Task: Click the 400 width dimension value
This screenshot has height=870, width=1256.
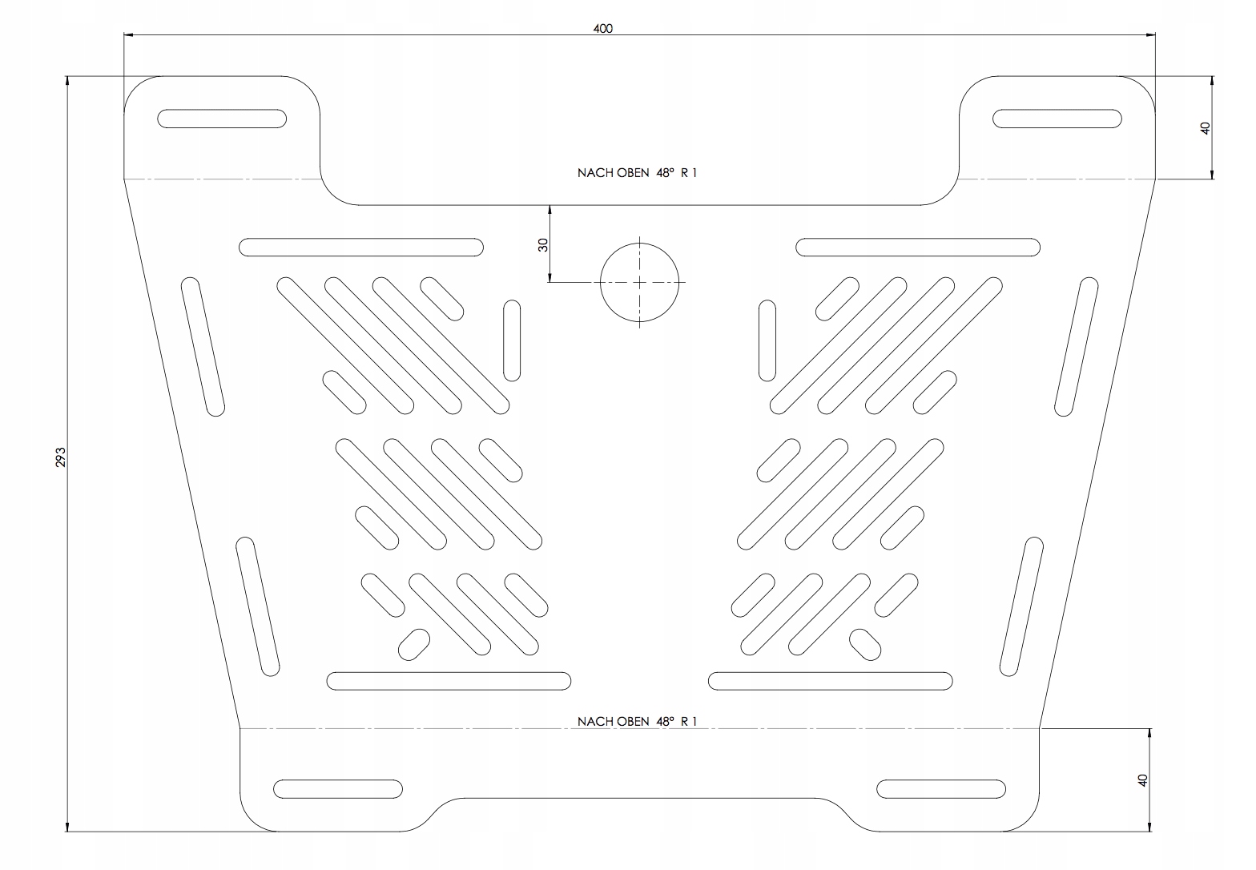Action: coord(602,28)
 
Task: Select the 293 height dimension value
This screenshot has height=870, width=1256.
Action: coord(61,457)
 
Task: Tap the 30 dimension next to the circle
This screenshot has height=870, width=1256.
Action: coord(543,244)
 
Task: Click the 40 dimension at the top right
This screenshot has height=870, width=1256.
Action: coord(1205,128)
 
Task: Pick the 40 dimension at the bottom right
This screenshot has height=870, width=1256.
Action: coord(1143,779)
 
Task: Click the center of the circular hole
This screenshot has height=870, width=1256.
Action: coord(640,282)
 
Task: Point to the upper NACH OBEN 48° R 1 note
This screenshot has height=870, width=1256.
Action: coord(637,173)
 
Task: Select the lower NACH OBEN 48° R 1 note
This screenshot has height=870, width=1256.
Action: coord(637,721)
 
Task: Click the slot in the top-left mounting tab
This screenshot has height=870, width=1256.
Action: coord(222,119)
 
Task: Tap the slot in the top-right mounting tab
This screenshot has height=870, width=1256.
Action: coord(1057,119)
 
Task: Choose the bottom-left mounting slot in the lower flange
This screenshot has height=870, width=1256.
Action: coord(338,788)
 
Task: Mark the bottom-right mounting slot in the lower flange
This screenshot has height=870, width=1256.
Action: coord(941,788)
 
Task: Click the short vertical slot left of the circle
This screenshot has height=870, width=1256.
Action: coord(512,340)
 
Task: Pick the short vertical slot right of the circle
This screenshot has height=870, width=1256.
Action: coord(767,340)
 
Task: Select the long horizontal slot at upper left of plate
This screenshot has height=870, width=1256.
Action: coord(361,248)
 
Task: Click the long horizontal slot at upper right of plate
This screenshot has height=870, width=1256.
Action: coord(918,248)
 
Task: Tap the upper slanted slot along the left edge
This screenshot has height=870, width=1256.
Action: coord(203,347)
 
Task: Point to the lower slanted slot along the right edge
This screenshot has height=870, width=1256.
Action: coord(1021,607)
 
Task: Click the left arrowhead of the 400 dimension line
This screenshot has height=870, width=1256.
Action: coord(128,34)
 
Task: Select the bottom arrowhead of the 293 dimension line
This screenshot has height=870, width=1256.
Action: coord(67,827)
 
